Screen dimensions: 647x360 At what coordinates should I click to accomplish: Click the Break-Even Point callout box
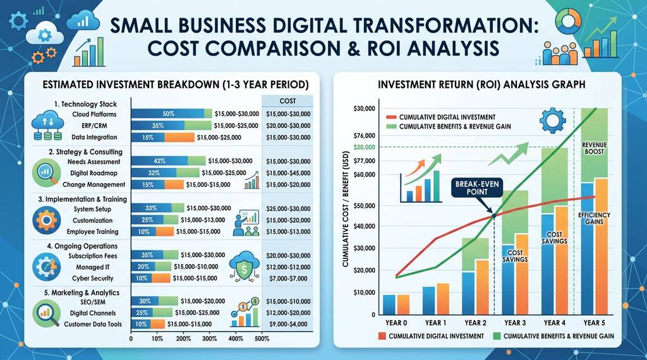click(x=477, y=188)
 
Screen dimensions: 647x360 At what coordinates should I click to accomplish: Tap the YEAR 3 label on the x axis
click(x=515, y=323)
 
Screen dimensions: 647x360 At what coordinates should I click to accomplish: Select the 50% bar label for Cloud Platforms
click(x=168, y=114)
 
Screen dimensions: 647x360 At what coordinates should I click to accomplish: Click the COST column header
click(x=287, y=101)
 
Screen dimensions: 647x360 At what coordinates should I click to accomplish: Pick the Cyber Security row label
click(x=92, y=279)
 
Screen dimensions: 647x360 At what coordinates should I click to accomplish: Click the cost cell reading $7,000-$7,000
click(x=288, y=279)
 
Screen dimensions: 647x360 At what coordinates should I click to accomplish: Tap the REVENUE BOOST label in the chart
click(x=594, y=148)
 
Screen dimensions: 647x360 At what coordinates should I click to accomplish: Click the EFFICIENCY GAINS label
click(x=594, y=219)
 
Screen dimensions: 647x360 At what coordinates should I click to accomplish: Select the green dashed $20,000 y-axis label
click(x=365, y=147)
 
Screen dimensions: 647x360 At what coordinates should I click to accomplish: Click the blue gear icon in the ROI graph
click(x=552, y=120)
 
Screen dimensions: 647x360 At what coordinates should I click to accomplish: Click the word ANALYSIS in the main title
click(x=452, y=48)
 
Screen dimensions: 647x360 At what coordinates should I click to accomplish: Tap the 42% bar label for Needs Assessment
click(x=159, y=161)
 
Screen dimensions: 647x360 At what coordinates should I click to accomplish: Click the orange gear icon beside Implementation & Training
click(x=46, y=220)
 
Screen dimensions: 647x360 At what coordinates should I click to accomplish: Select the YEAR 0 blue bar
click(x=389, y=304)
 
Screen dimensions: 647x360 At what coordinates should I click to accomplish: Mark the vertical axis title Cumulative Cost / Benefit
click(x=346, y=208)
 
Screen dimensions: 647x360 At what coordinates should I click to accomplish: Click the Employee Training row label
click(x=92, y=232)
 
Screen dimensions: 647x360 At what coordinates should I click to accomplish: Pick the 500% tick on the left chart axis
click(x=262, y=339)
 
